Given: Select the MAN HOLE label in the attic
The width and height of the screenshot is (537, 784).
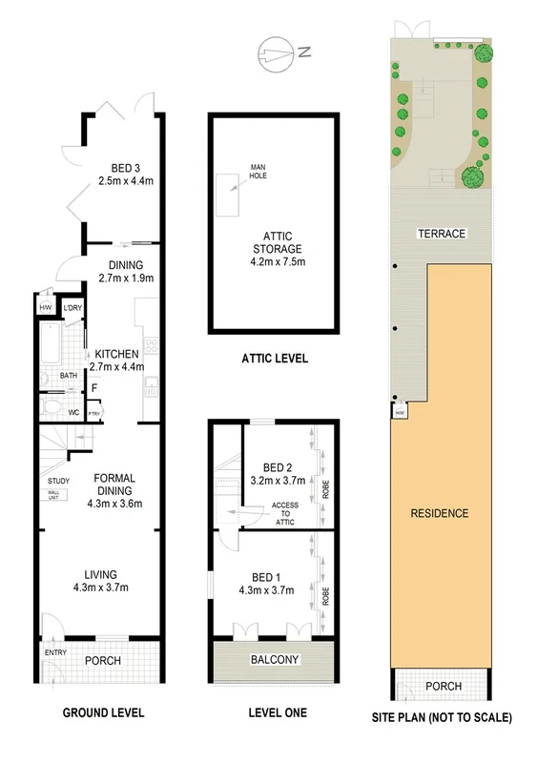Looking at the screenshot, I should (258, 171).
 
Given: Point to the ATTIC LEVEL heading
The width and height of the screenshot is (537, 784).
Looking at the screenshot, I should (273, 360).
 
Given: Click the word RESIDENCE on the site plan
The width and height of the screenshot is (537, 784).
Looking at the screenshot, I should (440, 513).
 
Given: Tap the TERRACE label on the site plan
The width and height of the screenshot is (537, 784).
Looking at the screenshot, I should (440, 234).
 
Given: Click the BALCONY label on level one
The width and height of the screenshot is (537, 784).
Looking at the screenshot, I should (274, 660).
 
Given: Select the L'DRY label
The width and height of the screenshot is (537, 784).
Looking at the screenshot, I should (72, 307).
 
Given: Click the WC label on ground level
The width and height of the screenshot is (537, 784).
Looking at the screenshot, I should (73, 412).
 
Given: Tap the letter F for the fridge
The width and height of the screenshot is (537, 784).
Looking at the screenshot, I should (94, 389).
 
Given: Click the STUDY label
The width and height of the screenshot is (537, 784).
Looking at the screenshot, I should (57, 480).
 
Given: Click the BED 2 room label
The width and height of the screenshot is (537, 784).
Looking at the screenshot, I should (276, 467).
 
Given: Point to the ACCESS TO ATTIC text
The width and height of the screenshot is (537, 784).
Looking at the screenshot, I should (285, 512).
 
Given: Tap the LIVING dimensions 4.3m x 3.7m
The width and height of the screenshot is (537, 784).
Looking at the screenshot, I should (101, 588).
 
